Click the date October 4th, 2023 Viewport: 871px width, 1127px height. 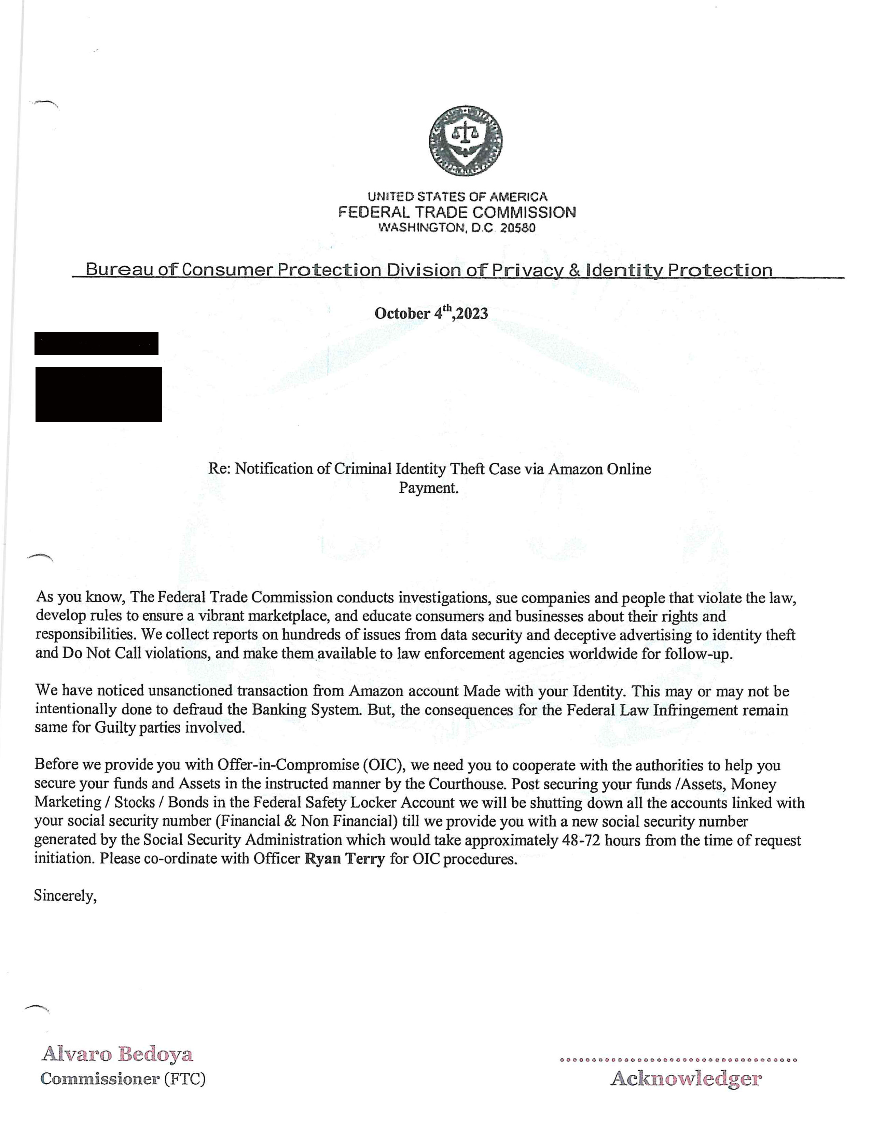431,313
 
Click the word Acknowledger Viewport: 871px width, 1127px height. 686,1079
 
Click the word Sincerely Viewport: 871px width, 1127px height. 65,896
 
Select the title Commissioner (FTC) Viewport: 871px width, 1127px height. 123,1079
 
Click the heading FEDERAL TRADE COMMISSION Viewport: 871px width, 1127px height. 457,212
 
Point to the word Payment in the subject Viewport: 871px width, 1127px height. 428,488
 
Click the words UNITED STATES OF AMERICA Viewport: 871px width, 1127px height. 457,197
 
